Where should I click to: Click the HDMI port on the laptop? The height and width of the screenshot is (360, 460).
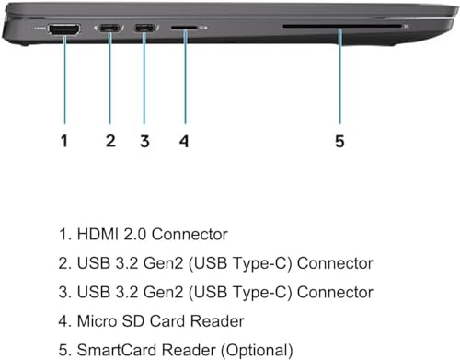[64, 29]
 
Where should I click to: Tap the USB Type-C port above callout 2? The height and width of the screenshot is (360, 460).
[110, 29]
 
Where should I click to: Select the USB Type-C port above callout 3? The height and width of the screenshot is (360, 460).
[144, 29]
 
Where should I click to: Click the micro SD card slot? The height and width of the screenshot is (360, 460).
[184, 28]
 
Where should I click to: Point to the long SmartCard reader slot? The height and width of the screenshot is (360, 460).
[342, 27]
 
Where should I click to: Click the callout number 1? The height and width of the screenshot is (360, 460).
[63, 141]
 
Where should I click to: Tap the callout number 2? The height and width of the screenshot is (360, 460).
[110, 141]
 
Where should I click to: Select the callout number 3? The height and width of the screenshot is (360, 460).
[144, 141]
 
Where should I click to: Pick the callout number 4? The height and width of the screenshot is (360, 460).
[184, 141]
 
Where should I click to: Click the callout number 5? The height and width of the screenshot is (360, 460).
[339, 141]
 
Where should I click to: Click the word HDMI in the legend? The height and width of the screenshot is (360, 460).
[98, 234]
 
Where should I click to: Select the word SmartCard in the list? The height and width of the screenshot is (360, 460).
[116, 350]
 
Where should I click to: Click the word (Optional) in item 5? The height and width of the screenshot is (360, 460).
[257, 351]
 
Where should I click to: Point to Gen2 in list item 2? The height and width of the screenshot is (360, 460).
[163, 263]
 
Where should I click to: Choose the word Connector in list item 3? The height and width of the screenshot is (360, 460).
[335, 292]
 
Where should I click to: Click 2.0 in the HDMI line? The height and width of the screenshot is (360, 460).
[135, 234]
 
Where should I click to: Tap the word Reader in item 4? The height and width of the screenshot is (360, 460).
[217, 321]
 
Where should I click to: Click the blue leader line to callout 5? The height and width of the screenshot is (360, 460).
[339, 76]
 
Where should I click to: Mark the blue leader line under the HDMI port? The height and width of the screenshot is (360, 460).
[64, 80]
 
